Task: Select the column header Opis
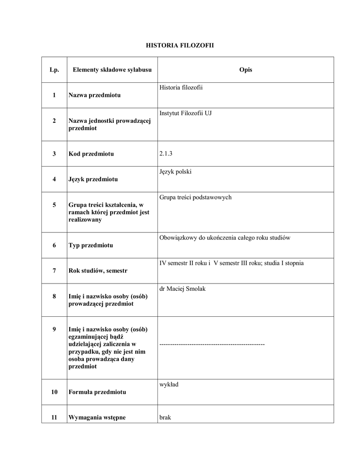[x=245, y=70]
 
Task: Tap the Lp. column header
[x=54, y=70]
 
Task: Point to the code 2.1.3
[x=166, y=154]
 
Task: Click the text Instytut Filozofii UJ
[x=185, y=113]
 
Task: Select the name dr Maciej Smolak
[x=183, y=289]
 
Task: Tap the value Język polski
[x=176, y=172]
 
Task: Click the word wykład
[x=169, y=385]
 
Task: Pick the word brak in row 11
[x=165, y=417]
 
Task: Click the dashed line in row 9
[x=212, y=344]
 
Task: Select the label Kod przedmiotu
[x=91, y=154]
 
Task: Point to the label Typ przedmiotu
[x=91, y=245]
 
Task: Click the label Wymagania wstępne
[x=97, y=417]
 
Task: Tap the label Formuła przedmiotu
[x=97, y=392]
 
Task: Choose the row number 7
[x=54, y=271]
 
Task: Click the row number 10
[x=54, y=392]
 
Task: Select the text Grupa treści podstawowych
[x=195, y=197]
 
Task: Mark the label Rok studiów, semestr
[x=98, y=271]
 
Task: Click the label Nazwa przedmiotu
[x=95, y=95]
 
